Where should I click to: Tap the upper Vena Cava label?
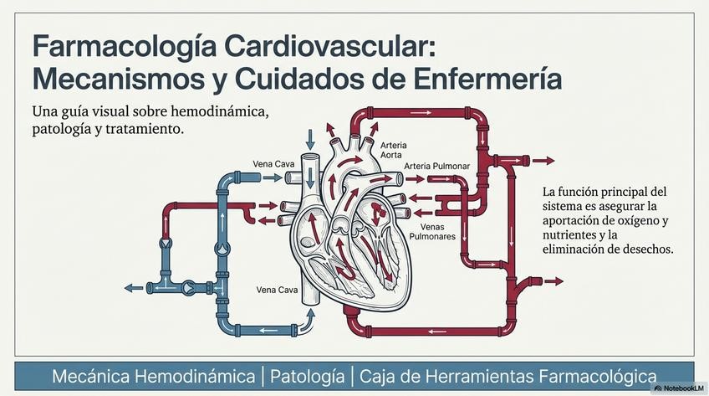coord(273,163)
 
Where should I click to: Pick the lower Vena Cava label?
coord(277,291)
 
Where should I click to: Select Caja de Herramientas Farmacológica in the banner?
coord(508,376)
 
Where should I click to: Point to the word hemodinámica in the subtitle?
coord(221,111)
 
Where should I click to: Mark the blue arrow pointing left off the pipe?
coord(134,287)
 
